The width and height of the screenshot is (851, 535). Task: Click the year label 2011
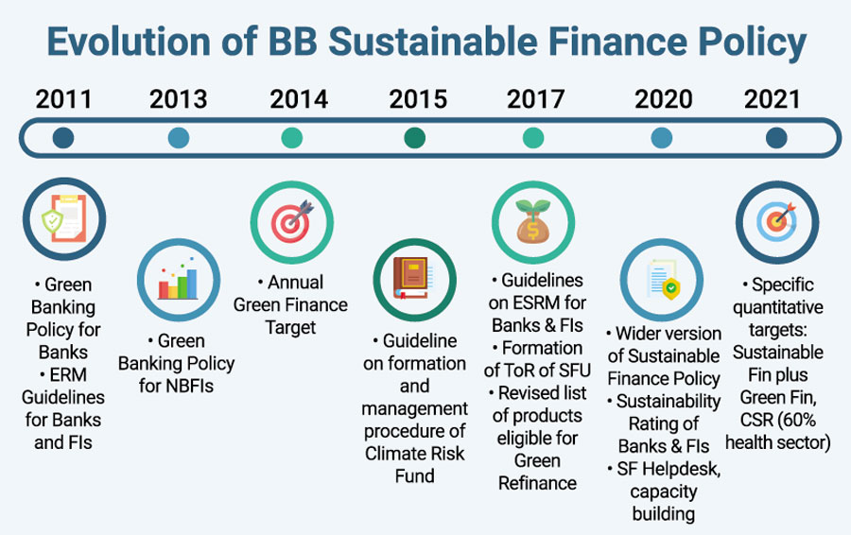click(63, 99)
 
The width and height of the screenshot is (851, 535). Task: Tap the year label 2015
click(418, 99)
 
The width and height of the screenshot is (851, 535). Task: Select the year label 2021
click(772, 99)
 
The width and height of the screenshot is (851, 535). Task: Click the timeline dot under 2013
click(179, 138)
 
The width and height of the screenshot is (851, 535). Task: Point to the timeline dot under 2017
click(533, 138)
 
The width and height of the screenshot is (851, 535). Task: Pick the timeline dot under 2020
click(661, 138)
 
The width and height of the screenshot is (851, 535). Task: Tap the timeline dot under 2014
click(292, 138)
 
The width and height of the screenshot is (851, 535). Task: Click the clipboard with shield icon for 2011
click(64, 218)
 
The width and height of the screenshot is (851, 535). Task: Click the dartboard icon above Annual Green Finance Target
click(292, 222)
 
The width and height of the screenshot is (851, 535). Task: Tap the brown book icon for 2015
click(414, 279)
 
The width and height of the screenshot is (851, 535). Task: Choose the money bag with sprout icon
click(533, 221)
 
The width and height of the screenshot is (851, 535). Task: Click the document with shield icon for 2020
click(663, 279)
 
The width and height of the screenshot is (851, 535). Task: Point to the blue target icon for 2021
click(777, 222)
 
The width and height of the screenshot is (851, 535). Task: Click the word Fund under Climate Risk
click(415, 475)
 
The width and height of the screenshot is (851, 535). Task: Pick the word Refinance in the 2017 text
click(537, 483)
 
